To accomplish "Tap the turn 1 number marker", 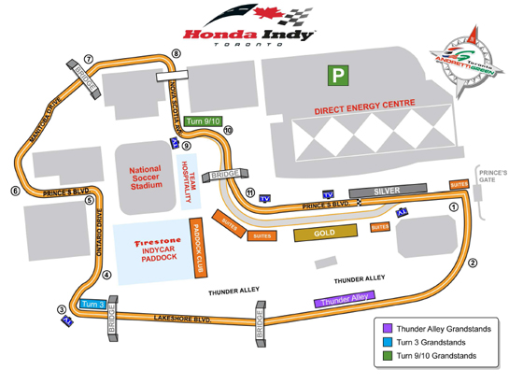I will pyautogui.click(x=454, y=209).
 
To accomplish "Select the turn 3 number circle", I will pyautogui.click(x=62, y=309).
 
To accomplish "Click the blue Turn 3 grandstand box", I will pyautogui.click(x=91, y=305).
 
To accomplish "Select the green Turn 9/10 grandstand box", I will pyautogui.click(x=202, y=121).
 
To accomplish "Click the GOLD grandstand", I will pyautogui.click(x=325, y=234).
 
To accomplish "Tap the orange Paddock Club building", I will pyautogui.click(x=197, y=249).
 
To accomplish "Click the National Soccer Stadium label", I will pyautogui.click(x=145, y=178).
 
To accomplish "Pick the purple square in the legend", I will pyautogui.click(x=388, y=328).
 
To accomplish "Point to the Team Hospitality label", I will pyautogui.click(x=184, y=181).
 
